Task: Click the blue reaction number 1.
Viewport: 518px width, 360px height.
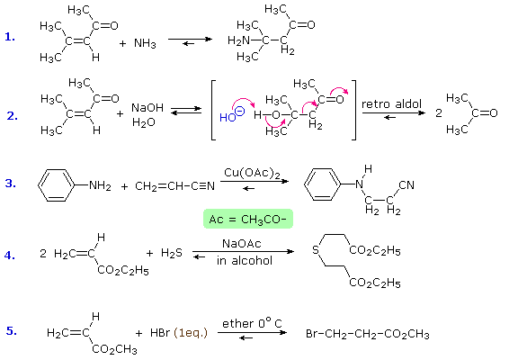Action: coord(10,37)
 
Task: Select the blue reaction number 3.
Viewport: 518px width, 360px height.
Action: coord(11,183)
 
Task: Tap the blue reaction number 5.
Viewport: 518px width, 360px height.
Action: coord(12,330)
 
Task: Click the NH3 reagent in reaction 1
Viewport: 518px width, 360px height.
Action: coord(145,43)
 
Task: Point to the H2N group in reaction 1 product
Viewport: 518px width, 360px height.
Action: coord(238,40)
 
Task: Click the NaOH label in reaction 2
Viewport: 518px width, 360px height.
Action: coord(147,107)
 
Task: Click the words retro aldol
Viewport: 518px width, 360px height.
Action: coord(391,104)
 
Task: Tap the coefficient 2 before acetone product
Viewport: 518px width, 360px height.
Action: coord(438,113)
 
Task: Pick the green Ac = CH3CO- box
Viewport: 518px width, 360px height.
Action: coord(248,219)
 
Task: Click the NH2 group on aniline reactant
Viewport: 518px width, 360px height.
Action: coord(100,185)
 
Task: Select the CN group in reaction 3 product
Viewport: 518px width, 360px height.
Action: coord(406,184)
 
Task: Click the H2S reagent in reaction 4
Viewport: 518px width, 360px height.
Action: coord(172,253)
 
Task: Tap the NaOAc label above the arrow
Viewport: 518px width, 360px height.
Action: coord(242,244)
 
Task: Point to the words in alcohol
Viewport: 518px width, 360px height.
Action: coord(245,260)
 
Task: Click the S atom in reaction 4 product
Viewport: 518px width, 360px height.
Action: coord(316,249)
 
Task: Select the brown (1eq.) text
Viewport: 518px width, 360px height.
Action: coord(191,333)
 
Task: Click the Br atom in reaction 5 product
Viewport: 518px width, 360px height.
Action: coord(311,334)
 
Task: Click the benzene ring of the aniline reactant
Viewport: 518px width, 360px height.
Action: coord(56,185)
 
